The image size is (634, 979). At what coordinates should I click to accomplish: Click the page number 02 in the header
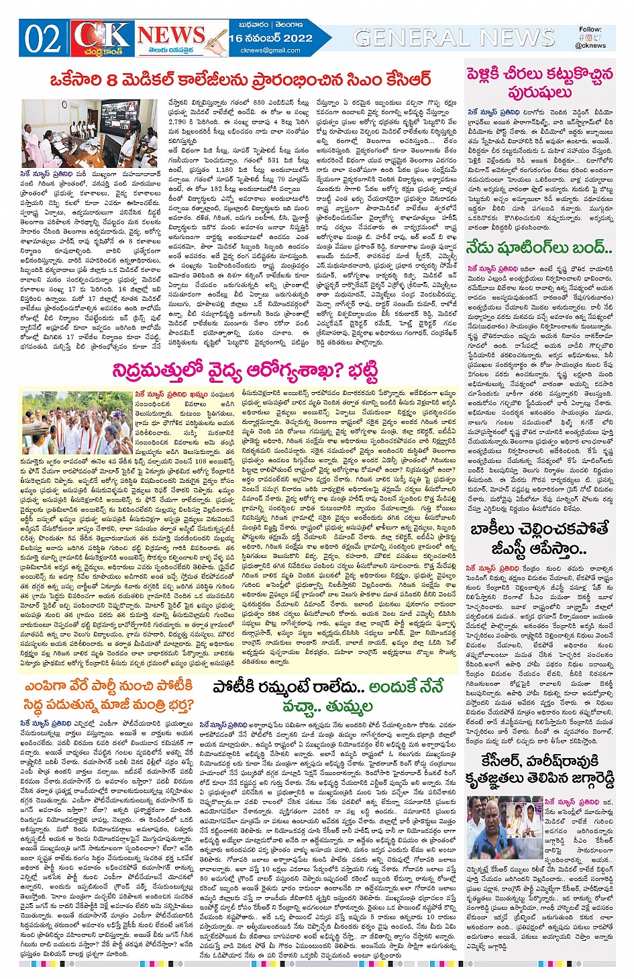[x=42, y=38]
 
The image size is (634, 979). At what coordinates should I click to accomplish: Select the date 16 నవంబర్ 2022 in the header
[x=270, y=38]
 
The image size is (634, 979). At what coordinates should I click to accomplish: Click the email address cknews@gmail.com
[x=270, y=50]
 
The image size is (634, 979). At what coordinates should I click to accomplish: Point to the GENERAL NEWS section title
[x=454, y=38]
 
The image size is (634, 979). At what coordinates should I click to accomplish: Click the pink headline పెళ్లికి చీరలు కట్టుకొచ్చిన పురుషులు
[x=539, y=82]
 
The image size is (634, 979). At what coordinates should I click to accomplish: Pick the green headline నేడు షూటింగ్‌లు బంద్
[x=539, y=248]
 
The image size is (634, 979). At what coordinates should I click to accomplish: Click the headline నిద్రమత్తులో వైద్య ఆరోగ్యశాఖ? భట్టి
[x=244, y=371]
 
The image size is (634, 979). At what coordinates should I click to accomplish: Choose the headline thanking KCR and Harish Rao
[x=539, y=770]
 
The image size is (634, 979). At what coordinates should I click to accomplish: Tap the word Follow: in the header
[x=590, y=30]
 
